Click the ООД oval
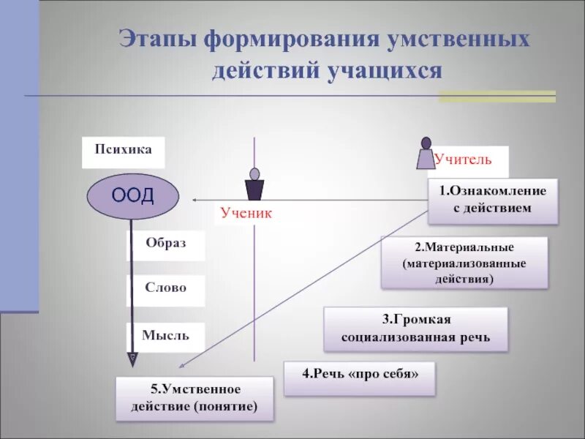point(132,195)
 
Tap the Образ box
point(166,245)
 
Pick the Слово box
point(166,289)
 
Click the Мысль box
point(166,337)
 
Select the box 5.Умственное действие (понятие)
point(195,398)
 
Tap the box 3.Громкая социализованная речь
point(415,329)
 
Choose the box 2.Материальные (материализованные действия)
point(464,261)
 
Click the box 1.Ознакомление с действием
point(492,200)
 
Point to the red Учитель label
point(463,159)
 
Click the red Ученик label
point(246,214)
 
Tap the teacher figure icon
point(426,154)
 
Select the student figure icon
point(254,185)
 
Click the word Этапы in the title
point(160,40)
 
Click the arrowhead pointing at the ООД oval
point(196,200)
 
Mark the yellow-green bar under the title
point(497,96)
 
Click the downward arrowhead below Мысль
point(132,359)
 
